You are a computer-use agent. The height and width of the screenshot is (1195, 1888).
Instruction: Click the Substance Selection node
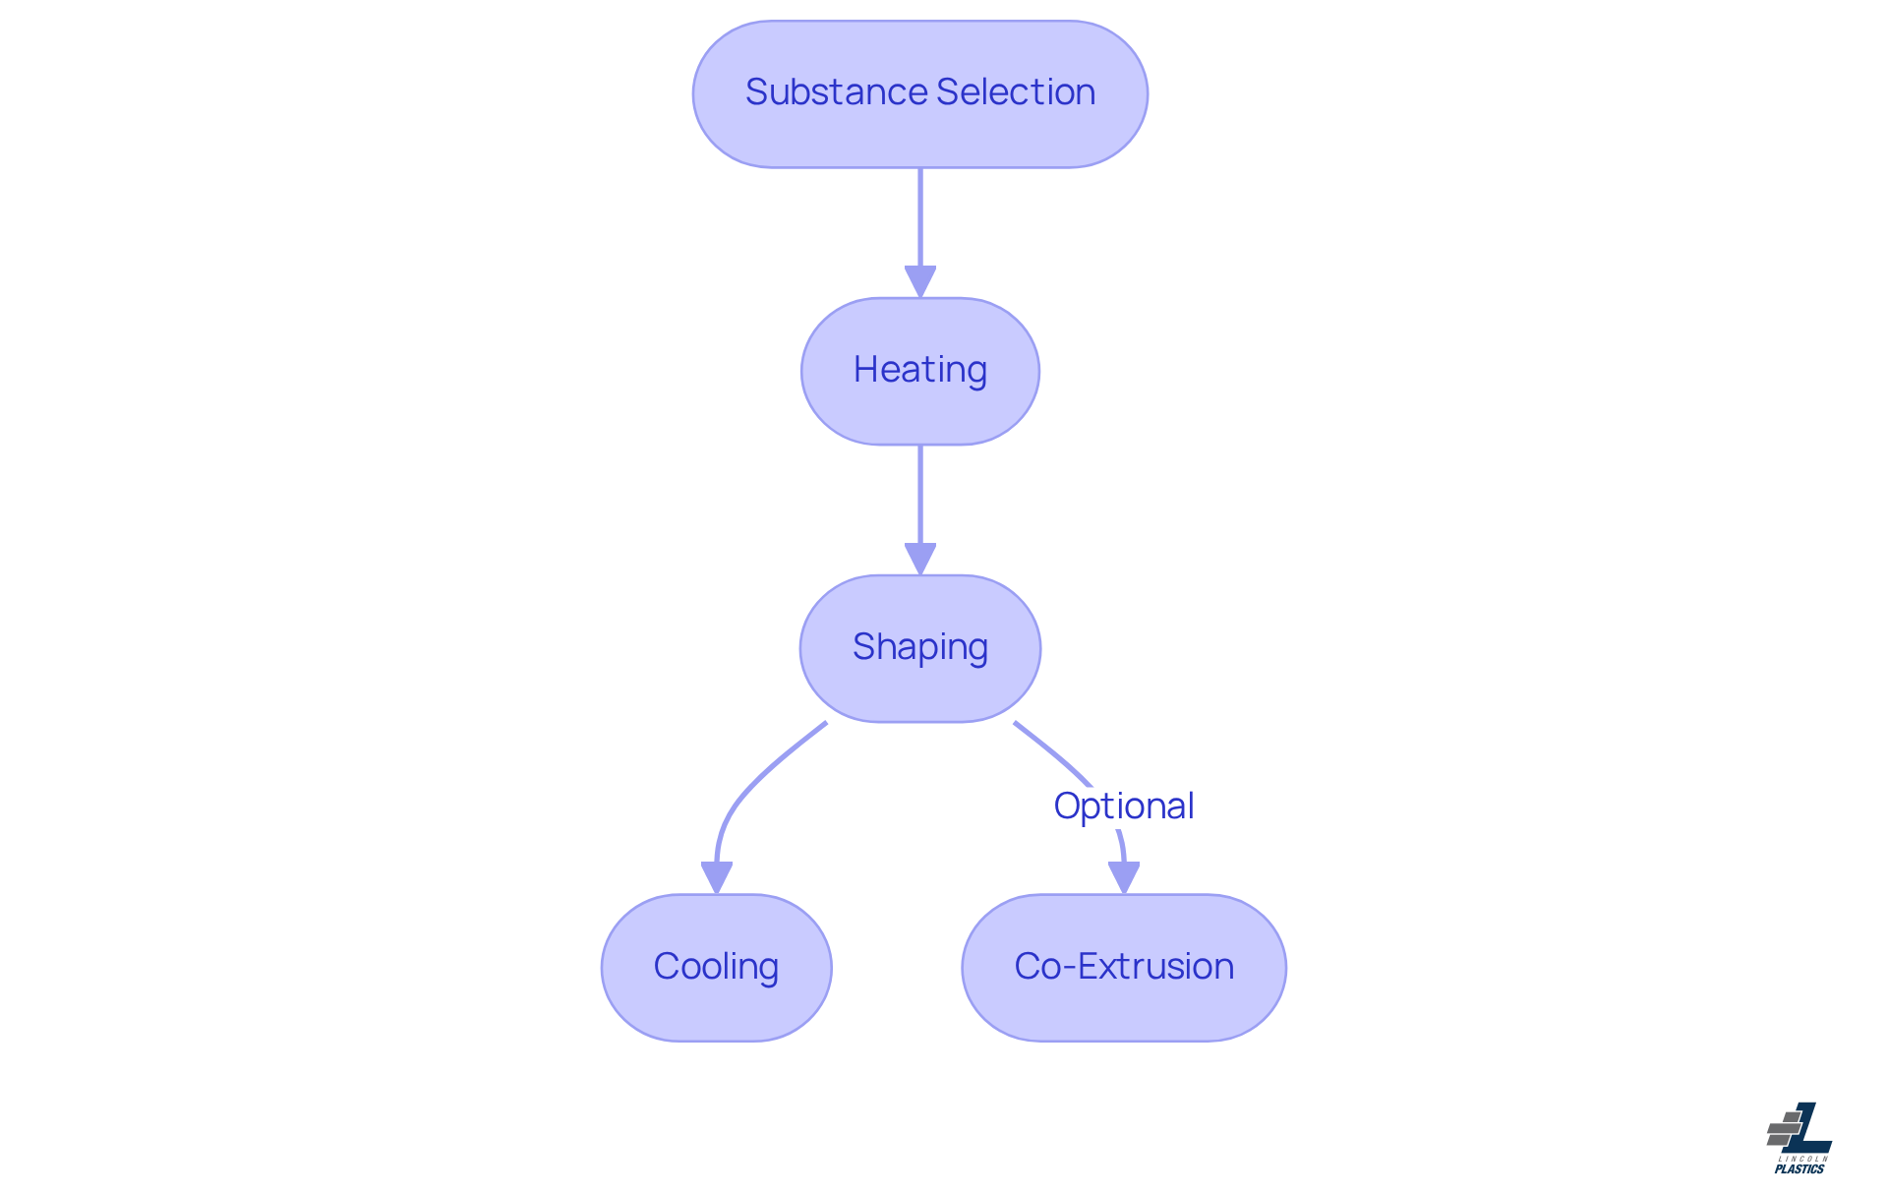919,94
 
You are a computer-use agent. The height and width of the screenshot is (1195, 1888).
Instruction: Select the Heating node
919,371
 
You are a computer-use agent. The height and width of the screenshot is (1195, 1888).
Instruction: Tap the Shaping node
919,648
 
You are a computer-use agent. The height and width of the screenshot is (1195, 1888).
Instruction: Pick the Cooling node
716,967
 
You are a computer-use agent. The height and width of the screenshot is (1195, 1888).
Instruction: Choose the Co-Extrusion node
1123,967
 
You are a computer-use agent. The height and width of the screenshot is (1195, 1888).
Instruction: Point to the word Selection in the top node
1016,92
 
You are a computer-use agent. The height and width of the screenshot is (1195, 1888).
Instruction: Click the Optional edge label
1123,806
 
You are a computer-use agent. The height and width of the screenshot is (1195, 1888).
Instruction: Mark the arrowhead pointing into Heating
919,282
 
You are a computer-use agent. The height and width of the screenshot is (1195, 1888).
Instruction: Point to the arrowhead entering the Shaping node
919,560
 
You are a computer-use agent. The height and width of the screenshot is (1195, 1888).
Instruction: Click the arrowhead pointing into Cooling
716,877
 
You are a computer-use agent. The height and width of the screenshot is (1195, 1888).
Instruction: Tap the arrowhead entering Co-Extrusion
1123,877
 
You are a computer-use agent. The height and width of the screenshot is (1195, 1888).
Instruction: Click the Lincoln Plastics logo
1799,1137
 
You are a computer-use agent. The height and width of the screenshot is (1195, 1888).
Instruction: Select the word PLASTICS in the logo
1799,1168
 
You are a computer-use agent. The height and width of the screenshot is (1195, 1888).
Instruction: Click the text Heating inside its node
919,370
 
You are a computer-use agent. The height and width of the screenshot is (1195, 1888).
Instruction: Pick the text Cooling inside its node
716,966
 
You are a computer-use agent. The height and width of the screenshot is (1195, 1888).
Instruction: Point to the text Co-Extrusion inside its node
1123,966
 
